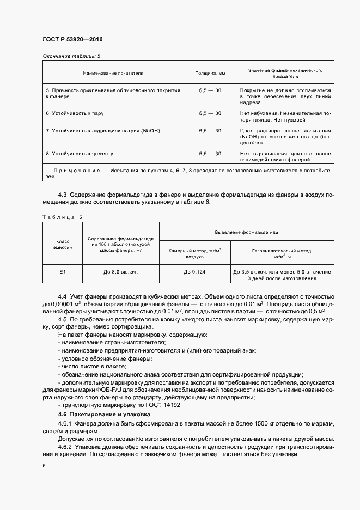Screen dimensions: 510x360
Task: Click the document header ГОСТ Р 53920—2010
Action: coord(72,40)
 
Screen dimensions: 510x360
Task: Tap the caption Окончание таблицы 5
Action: coord(71,56)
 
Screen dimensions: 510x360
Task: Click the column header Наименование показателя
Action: coord(113,72)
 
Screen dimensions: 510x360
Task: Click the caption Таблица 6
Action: coord(62,217)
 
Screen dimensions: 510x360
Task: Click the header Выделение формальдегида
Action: coord(246,232)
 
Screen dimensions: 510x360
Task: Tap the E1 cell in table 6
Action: coord(62,271)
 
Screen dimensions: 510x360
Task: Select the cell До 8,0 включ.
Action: coord(120,271)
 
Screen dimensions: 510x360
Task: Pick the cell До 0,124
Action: coord(194,271)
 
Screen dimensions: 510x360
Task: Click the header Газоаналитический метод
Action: coord(282,251)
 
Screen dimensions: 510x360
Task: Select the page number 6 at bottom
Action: coord(44,466)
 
